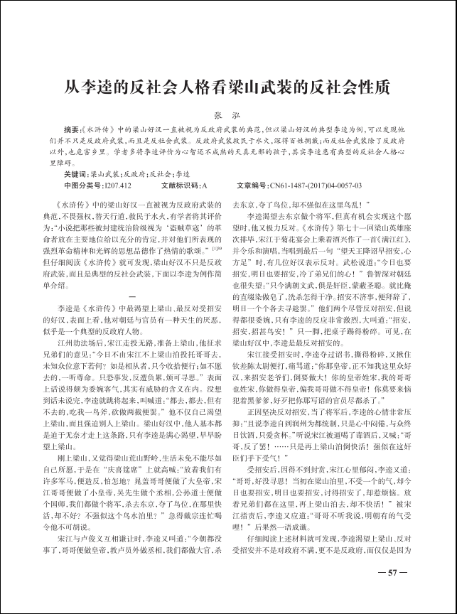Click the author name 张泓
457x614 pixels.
pos(227,114)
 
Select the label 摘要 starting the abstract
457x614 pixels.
pos(72,130)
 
